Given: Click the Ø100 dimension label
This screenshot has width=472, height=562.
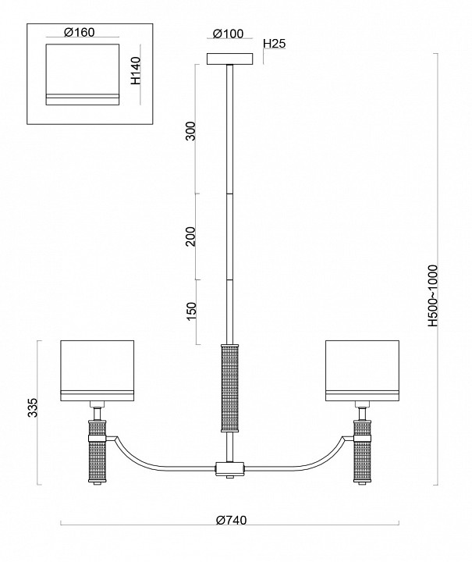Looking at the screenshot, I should pyautogui.click(x=229, y=34).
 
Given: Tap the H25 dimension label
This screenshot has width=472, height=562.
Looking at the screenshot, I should pyautogui.click(x=275, y=44).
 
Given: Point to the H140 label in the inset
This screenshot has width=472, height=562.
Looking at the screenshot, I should pyautogui.click(x=136, y=70).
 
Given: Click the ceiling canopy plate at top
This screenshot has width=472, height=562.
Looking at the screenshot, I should pyautogui.click(x=229, y=59).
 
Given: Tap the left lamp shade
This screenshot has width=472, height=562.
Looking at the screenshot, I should pyautogui.click(x=98, y=368).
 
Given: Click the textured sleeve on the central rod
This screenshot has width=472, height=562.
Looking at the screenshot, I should pyautogui.click(x=229, y=386).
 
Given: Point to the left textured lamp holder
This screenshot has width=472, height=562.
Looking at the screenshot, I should pyautogui.click(x=97, y=452).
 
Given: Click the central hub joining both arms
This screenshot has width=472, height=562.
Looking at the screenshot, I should pyautogui.click(x=229, y=469).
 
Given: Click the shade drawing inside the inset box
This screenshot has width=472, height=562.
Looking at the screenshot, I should pyautogui.click(x=82, y=74).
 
